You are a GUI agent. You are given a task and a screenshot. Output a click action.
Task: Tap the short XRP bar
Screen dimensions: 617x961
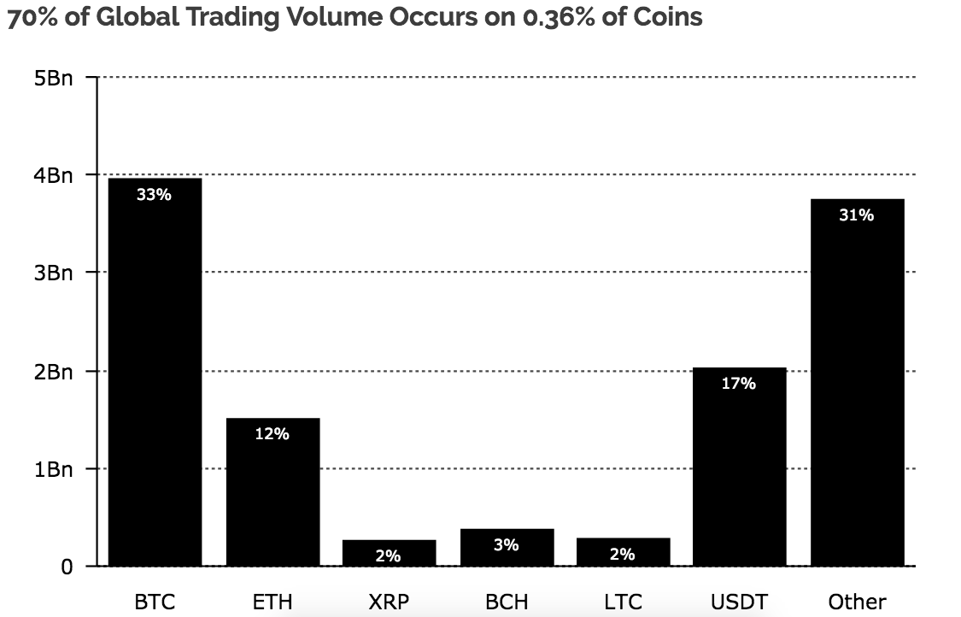(389, 552)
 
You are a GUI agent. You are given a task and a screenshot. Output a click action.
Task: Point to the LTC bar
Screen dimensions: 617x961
(623, 551)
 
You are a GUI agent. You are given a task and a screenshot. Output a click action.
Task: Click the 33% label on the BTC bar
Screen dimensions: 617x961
(155, 195)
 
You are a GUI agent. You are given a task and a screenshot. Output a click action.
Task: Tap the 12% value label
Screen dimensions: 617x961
(272, 434)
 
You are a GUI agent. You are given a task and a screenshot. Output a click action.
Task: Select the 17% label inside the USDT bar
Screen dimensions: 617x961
(739, 384)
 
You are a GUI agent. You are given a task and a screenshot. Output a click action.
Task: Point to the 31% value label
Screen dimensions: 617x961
(856, 215)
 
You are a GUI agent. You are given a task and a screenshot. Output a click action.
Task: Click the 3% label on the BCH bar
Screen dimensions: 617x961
(507, 544)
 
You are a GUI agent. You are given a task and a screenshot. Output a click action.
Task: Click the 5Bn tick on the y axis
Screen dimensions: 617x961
(55, 79)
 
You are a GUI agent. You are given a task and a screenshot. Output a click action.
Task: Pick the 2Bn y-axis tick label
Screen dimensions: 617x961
(55, 372)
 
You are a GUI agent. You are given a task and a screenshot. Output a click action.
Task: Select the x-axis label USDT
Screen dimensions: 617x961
(739, 602)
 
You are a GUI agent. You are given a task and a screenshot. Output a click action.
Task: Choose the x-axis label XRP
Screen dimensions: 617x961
(389, 602)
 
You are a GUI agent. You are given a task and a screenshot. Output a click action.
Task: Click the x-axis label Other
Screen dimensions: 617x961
(857, 602)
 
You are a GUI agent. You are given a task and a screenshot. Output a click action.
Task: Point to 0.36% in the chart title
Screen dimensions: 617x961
(551, 16)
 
